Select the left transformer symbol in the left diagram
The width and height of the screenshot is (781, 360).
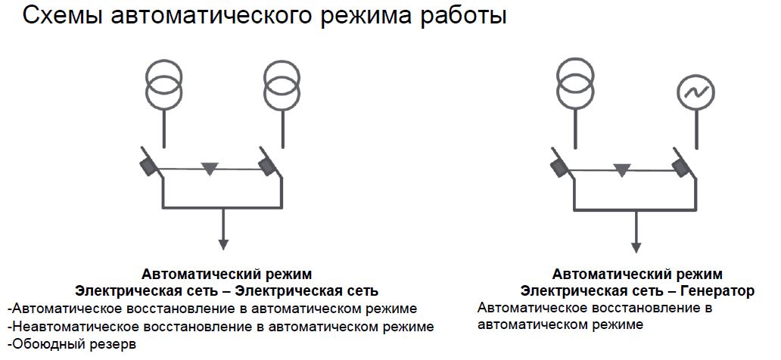(x=164, y=84)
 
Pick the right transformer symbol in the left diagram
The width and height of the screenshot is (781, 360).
(x=283, y=84)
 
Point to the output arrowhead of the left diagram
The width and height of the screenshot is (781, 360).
(x=223, y=244)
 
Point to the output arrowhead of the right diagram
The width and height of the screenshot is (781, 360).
(x=636, y=247)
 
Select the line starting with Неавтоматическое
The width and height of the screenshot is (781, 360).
(x=219, y=327)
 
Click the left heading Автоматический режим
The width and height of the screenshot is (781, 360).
(x=226, y=274)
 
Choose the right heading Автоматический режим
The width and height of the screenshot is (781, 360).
(x=637, y=274)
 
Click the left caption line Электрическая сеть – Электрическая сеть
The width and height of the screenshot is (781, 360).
(x=226, y=291)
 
